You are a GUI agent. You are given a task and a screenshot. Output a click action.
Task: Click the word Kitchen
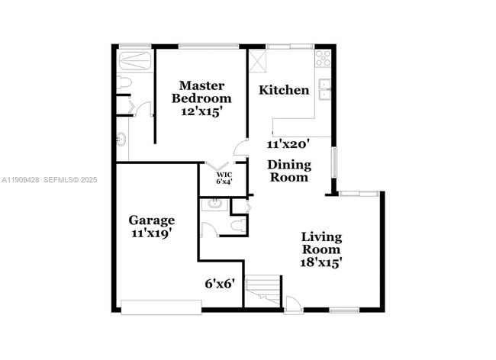tap(284, 90)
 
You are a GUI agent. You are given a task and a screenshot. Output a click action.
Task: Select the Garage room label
tap(151, 220)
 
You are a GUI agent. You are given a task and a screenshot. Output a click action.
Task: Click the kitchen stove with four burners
tap(323, 56)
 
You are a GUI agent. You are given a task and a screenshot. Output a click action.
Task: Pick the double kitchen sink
tap(324, 89)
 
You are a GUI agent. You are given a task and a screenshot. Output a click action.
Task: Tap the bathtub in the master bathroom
tap(136, 59)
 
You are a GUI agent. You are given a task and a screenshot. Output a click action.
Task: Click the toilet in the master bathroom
tap(125, 82)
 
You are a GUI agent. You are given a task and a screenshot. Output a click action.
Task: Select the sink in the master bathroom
tap(121, 140)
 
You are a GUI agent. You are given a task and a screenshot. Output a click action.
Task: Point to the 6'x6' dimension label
tap(220, 283)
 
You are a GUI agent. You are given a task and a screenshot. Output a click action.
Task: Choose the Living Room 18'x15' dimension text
tap(320, 262)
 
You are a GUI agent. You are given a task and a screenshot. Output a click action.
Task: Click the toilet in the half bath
tap(239, 224)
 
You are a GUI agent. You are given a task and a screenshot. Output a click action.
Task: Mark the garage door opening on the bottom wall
tap(160, 307)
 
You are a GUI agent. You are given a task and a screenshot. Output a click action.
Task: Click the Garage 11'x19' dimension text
tap(151, 234)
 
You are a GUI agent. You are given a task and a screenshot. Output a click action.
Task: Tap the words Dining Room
tap(288, 171)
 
